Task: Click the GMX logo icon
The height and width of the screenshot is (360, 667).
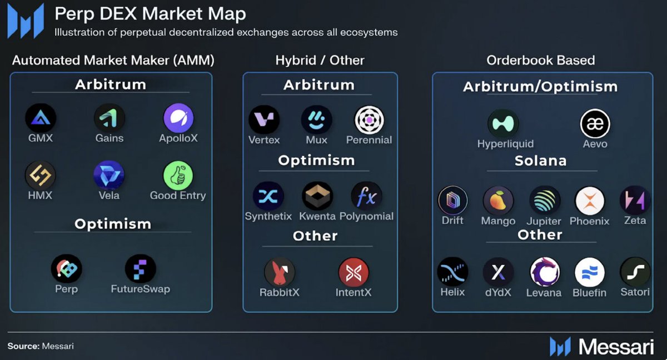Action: [x=40, y=118]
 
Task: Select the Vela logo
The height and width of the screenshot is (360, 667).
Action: [x=109, y=176]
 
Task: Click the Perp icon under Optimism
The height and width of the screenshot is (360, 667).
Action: [x=67, y=269]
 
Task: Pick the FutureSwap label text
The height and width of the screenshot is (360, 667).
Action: [x=140, y=289]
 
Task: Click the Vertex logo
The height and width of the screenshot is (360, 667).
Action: [x=264, y=120]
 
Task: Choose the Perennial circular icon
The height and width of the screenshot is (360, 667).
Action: [x=370, y=120]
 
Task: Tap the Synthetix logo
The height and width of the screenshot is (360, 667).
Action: [x=268, y=197]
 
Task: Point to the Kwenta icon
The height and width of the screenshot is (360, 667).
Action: [x=317, y=197]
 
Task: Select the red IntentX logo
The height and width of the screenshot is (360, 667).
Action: [x=354, y=273]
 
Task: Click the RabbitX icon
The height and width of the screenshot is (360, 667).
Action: [x=280, y=273]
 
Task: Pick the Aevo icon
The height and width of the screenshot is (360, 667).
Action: [x=595, y=124]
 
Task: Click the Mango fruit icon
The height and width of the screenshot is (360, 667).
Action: [x=498, y=201]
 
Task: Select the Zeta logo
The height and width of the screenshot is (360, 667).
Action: [x=635, y=201]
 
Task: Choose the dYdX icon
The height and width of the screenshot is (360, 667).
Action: [x=498, y=272]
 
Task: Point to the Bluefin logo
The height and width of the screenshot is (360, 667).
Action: [x=589, y=272]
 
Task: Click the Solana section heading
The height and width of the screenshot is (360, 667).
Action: [x=540, y=161]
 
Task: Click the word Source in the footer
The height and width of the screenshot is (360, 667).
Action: [x=23, y=346]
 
